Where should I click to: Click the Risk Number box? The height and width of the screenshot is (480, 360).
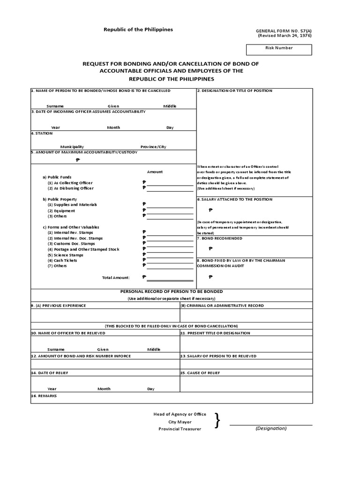coord(279,50)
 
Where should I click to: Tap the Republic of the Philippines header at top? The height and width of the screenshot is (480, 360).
coord(138,30)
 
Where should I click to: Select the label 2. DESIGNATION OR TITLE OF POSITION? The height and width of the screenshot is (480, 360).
coord(234,90)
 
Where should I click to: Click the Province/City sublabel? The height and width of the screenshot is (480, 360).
coord(153,147)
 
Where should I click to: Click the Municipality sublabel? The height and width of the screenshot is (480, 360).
coord(72,147)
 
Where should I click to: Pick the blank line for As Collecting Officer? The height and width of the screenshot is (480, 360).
coord(170,183)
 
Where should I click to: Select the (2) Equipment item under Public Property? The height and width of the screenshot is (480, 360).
coord(61,210)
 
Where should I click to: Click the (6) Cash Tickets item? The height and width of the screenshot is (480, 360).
coord(62,260)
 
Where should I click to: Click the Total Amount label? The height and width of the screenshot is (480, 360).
coord(116,277)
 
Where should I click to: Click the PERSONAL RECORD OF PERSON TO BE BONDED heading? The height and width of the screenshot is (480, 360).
coord(172,291)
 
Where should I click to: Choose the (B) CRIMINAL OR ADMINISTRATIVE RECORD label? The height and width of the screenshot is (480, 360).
coord(222,306)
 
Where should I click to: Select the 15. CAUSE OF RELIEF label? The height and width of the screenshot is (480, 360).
coord(200,373)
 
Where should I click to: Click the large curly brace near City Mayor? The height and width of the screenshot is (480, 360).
coord(217,421)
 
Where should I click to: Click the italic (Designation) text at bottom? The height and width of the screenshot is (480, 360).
coord(271,428)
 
